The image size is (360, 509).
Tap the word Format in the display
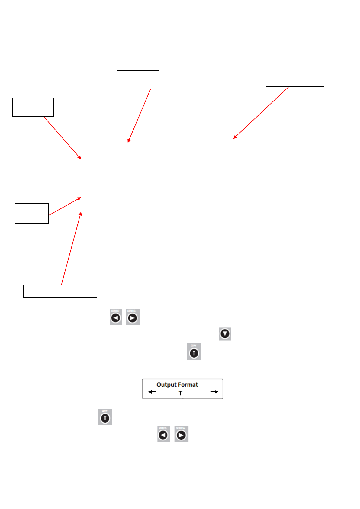pyautogui.click(x=188, y=385)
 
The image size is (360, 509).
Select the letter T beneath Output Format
pyautogui.click(x=180, y=393)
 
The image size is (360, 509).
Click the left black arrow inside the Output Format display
pyautogui.click(x=152, y=392)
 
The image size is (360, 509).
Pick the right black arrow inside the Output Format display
pyautogui.click(x=214, y=392)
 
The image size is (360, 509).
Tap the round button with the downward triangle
pyautogui.click(x=225, y=334)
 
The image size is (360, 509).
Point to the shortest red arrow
pyautogui.click(x=65, y=206)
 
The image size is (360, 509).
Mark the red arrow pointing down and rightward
pyautogui.click(x=63, y=138)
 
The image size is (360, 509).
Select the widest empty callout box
pyautogui.click(x=60, y=291)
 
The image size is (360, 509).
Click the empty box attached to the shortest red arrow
pyautogui.click(x=32, y=214)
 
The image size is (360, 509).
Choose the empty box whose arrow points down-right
pyautogui.click(x=33, y=107)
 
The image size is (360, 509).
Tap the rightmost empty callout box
pyautogui.click(x=295, y=80)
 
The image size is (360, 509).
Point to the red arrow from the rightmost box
pyautogui.click(x=261, y=113)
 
